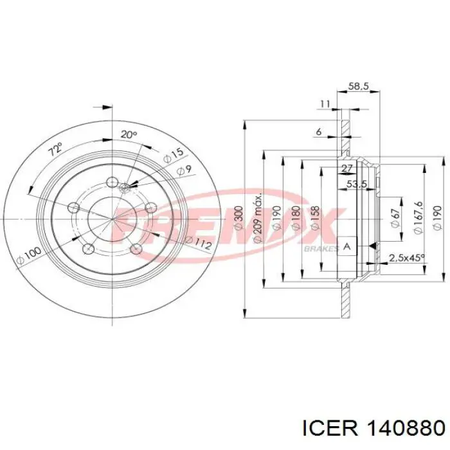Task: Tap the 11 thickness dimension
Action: [x=324, y=104]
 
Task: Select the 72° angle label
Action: [x=55, y=152]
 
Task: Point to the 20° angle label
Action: [x=129, y=134]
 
